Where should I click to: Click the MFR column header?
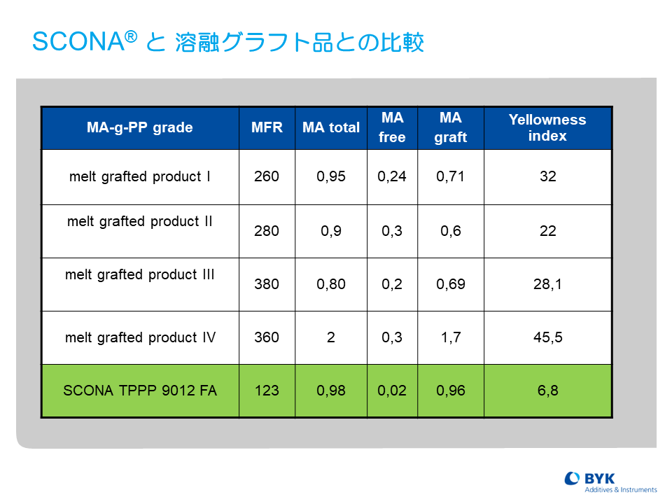(x=267, y=127)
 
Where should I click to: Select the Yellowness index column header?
(x=547, y=127)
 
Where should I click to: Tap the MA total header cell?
(x=331, y=127)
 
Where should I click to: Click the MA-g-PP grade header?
(x=140, y=127)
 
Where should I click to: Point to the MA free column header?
(x=392, y=127)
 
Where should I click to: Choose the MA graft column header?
(x=450, y=127)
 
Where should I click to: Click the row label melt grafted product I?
(x=140, y=176)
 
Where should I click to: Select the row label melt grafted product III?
(x=140, y=274)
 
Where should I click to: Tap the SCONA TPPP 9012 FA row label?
(x=140, y=391)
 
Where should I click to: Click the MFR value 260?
(x=267, y=176)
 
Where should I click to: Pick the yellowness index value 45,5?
(x=547, y=337)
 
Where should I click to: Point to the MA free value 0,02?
(x=392, y=391)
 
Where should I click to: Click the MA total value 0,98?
(x=331, y=391)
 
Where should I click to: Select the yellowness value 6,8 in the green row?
(x=547, y=391)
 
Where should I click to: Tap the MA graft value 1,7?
(x=451, y=337)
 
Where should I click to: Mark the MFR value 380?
(x=267, y=283)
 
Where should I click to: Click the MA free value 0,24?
(x=392, y=176)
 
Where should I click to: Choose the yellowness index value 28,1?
(x=547, y=283)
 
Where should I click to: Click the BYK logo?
(x=610, y=482)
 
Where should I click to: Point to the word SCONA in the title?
(x=78, y=41)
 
